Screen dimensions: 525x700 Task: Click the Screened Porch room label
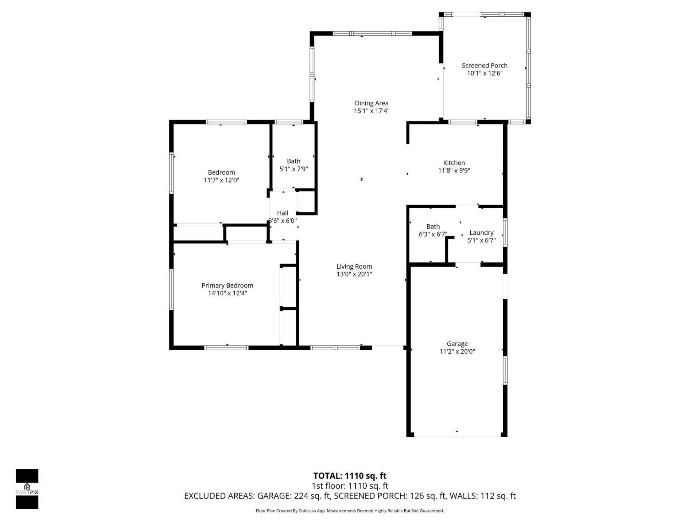[485, 66]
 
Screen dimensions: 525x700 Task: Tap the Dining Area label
[372, 103]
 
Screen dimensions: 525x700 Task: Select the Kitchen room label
[454, 163]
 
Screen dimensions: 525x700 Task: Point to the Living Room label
[354, 267]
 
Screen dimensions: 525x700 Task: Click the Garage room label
[457, 344]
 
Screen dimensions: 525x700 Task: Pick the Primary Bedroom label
[227, 285]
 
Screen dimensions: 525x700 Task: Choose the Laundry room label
[481, 233]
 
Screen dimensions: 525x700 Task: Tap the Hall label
[283, 213]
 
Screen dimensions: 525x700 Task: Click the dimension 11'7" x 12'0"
[221, 180]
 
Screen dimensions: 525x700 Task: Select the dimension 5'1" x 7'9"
[293, 169]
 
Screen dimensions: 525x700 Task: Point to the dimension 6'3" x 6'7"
[433, 234]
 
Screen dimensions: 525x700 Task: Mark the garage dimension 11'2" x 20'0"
[457, 351]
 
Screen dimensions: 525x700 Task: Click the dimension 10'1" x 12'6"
[485, 73]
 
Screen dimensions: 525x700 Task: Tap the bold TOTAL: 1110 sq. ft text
[350, 476]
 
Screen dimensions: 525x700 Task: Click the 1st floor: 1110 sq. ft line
[350, 486]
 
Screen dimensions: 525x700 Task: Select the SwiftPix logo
[27, 489]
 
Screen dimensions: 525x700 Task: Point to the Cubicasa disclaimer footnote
[350, 511]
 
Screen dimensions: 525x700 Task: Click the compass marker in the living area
[362, 179]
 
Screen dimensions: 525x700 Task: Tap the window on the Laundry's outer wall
[505, 232]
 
